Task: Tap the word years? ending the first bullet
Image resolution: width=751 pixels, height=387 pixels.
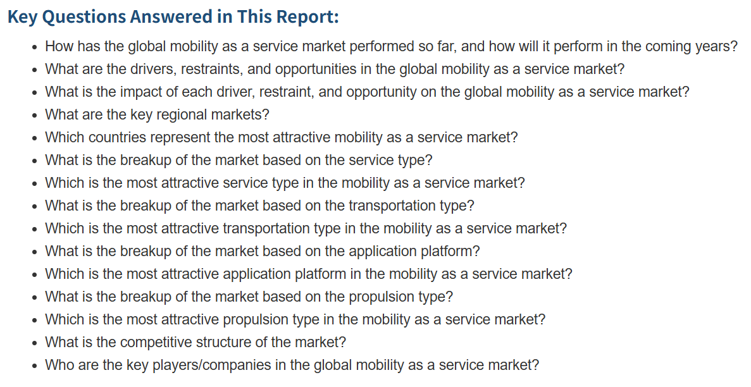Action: [718, 47]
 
